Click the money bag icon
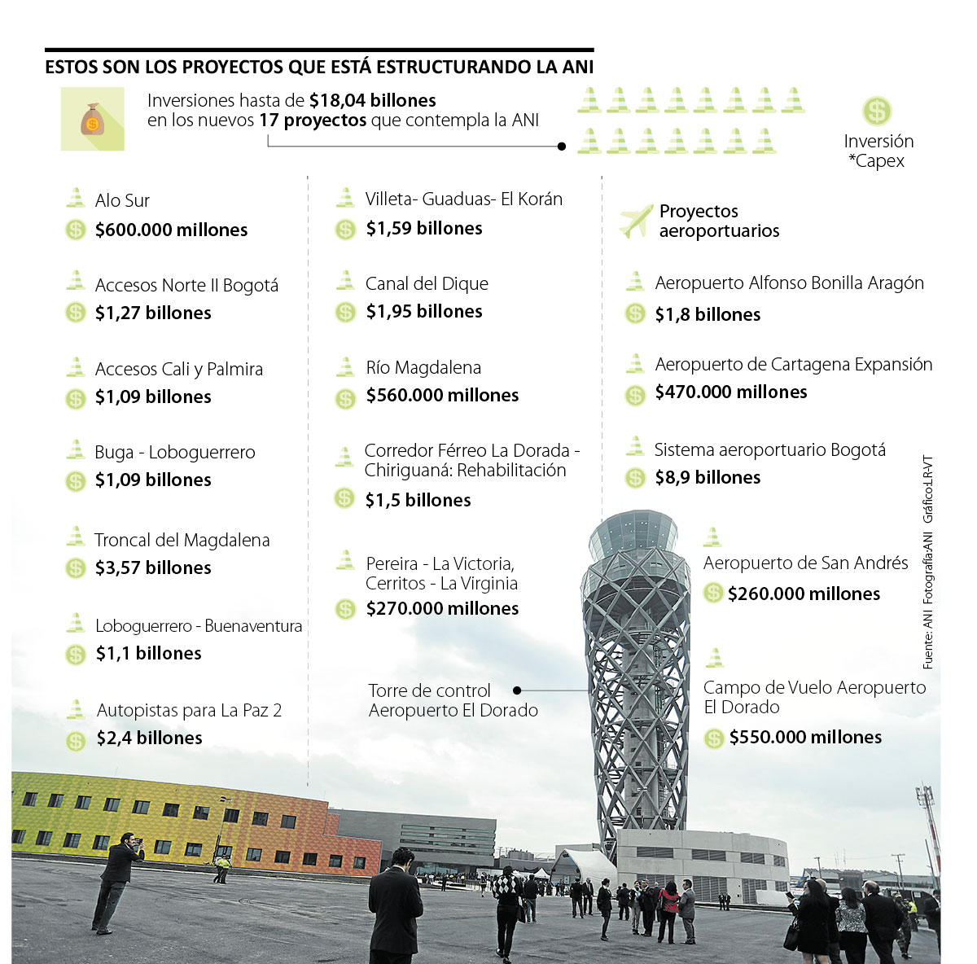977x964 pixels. pyautogui.click(x=93, y=120)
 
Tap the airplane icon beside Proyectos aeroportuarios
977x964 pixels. pyautogui.click(x=636, y=221)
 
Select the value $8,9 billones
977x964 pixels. pyautogui.click(x=708, y=478)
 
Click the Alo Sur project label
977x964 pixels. pyautogui.click(x=122, y=200)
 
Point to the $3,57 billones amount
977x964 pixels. pyautogui.click(x=153, y=568)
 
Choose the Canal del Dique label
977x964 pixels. pyautogui.click(x=427, y=284)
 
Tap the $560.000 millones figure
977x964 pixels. pyautogui.click(x=442, y=396)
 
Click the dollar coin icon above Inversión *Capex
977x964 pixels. pyautogui.click(x=877, y=112)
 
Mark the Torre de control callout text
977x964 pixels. pyautogui.click(x=453, y=700)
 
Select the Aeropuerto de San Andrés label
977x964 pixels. pyautogui.click(x=805, y=563)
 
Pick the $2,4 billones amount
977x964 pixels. pyautogui.click(x=149, y=738)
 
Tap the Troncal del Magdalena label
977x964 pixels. pyautogui.click(x=182, y=541)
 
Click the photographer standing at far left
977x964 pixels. pyautogui.click(x=116, y=879)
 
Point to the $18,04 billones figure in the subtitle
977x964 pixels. pyautogui.click(x=372, y=101)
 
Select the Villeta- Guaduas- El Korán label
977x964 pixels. pyautogui.click(x=463, y=199)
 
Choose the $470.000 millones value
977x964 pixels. pyautogui.click(x=731, y=392)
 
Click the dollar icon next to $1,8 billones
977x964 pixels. pyautogui.click(x=635, y=314)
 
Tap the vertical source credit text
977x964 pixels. pyautogui.click(x=928, y=562)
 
